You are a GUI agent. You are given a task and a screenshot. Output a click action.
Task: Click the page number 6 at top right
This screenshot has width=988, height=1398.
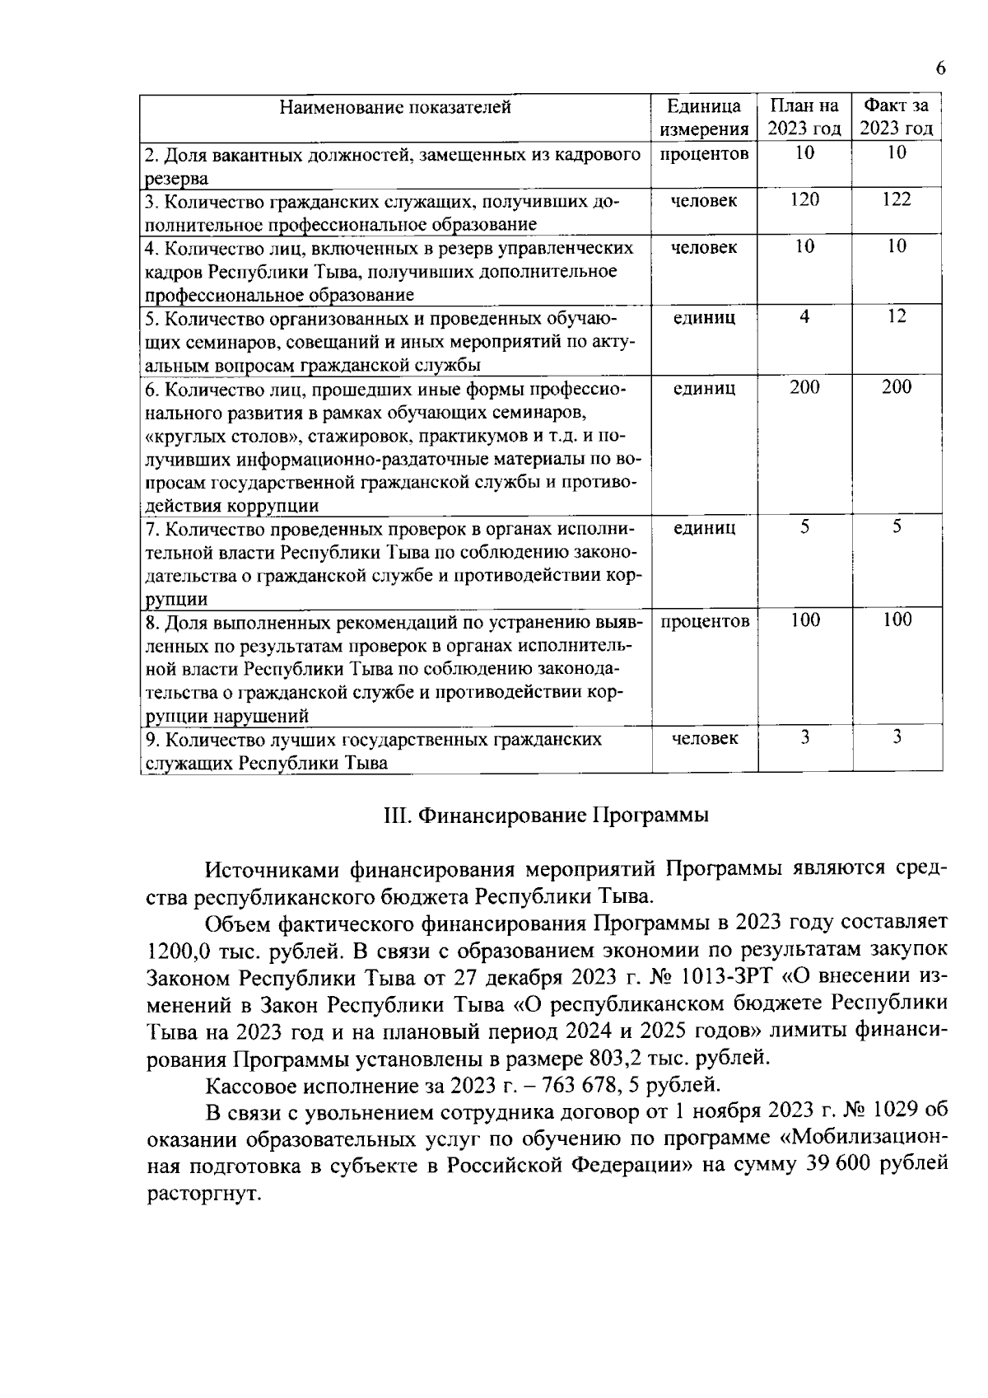(x=940, y=69)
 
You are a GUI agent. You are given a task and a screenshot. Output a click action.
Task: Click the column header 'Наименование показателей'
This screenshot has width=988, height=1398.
(x=395, y=107)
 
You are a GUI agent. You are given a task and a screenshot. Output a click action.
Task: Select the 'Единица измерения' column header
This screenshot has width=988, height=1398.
(x=704, y=118)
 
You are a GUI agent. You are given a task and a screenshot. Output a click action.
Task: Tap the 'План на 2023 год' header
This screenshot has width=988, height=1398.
(x=804, y=118)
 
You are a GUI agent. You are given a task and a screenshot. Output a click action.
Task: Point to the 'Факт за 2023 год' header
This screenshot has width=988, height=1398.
(x=897, y=118)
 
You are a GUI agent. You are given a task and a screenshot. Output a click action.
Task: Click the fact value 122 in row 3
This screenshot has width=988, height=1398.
(x=897, y=200)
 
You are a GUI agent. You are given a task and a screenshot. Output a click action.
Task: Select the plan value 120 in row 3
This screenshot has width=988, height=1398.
(x=804, y=200)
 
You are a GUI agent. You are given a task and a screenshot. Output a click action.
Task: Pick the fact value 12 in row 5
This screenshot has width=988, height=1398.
(x=897, y=317)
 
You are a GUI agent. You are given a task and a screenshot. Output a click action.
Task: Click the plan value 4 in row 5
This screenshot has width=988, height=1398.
(x=804, y=317)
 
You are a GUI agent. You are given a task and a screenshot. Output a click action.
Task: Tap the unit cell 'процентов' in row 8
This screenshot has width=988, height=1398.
(x=705, y=621)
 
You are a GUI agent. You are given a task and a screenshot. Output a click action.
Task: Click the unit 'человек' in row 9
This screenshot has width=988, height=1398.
(x=705, y=739)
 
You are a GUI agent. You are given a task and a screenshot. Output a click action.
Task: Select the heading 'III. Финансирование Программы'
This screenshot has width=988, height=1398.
(x=546, y=816)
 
